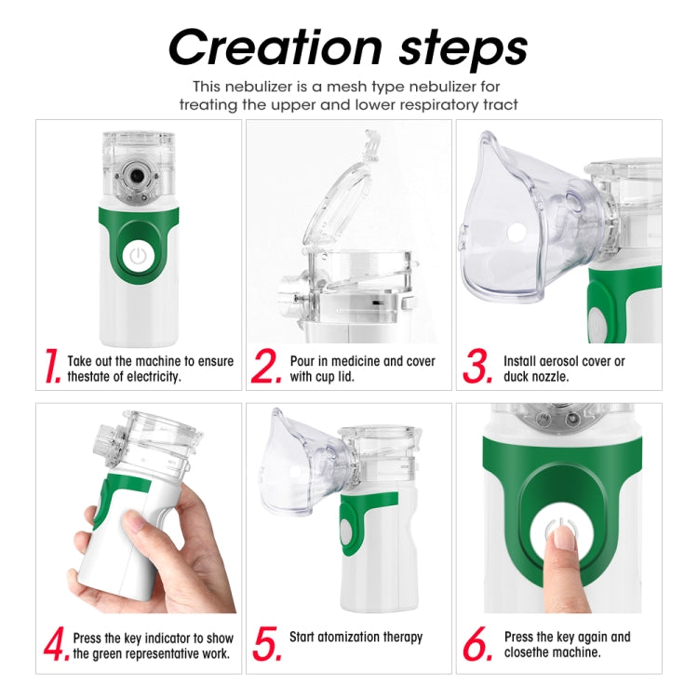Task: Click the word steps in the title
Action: point(455,48)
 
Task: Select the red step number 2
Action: point(266,367)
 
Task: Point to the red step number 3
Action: point(477,367)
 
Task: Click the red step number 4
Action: point(57,645)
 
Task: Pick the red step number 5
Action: point(266,645)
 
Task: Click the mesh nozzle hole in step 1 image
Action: point(138,175)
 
